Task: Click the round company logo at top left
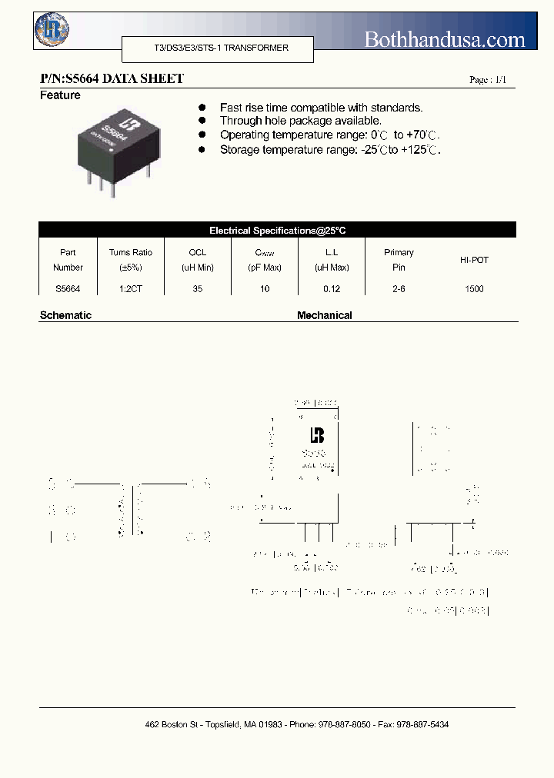coord(52,30)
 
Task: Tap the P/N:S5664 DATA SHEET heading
coord(112,79)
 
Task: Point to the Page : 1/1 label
coord(488,81)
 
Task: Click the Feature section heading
coord(60,95)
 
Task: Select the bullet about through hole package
coord(300,121)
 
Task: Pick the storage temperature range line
coord(330,150)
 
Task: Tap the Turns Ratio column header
coord(131,260)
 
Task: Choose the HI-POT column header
coord(475,260)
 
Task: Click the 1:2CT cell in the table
coord(131,289)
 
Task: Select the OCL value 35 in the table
coord(198,289)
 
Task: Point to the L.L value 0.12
coord(332,289)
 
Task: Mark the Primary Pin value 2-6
coord(399,289)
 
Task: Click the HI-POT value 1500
coord(475,289)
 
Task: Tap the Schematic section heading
coord(65,315)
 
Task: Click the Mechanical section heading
coord(325,315)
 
